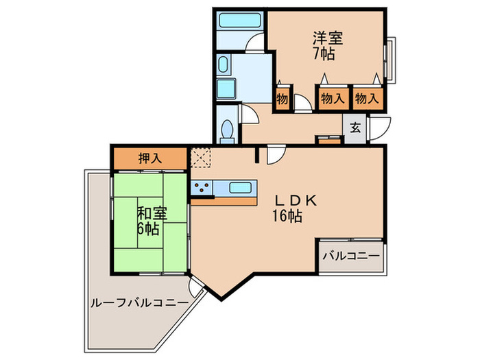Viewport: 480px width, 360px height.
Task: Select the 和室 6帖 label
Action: pyautogui.click(x=149, y=219)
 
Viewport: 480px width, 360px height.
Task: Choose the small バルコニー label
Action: pyautogui.click(x=350, y=256)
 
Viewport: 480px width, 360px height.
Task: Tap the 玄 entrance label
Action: pyautogui.click(x=355, y=128)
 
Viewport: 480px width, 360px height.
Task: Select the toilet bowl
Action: pyautogui.click(x=227, y=128)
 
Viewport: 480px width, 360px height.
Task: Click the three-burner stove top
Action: pyautogui.click(x=203, y=187)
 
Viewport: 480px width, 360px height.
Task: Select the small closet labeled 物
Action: pyautogui.click(x=282, y=98)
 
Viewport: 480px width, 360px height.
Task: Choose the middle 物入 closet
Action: pyautogui.click(x=333, y=98)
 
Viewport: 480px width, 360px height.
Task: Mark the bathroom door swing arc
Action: pyautogui.click(x=255, y=41)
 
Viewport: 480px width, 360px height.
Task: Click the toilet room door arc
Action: pyautogui.click(x=248, y=114)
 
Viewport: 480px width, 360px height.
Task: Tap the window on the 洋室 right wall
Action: pyautogui.click(x=390, y=58)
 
